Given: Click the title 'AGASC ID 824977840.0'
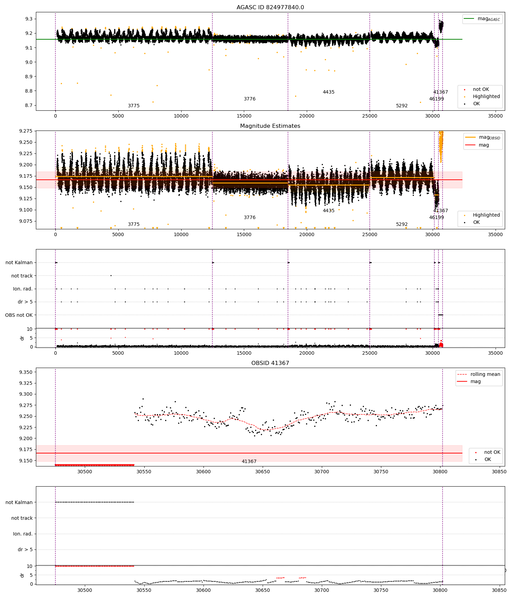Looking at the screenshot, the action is tap(270, 8).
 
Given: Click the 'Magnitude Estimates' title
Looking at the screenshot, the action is tap(270, 126).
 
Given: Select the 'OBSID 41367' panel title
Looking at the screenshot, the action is tap(270, 363).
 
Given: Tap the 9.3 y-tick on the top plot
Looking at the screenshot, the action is tap(29, 19).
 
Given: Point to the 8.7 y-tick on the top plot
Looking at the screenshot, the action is tap(29, 105).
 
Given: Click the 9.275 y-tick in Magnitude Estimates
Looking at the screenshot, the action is tap(26, 131).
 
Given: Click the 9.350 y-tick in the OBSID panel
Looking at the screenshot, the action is tap(26, 372).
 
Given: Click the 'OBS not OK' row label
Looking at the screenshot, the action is tap(19, 315).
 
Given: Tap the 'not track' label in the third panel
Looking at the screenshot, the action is tap(22, 276).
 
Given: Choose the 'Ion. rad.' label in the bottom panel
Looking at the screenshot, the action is tap(23, 534).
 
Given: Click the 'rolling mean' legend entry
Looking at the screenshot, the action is tap(485, 374).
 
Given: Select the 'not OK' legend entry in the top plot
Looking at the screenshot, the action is tap(481, 89).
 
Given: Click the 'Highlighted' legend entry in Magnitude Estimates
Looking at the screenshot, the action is tap(486, 215).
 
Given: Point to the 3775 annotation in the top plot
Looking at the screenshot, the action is tap(134, 106).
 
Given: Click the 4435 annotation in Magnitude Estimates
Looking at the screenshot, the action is tap(329, 211).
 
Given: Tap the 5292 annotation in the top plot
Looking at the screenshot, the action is tap(402, 106).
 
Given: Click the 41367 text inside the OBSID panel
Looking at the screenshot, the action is tap(249, 462).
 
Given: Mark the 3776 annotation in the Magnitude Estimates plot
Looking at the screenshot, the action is tap(250, 218).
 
